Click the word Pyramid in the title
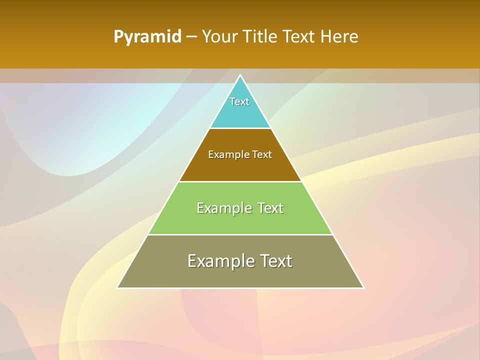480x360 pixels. pyautogui.click(x=147, y=37)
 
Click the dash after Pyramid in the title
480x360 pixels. pyautogui.click(x=191, y=37)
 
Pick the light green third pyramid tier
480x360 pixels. pyautogui.click(x=240, y=222)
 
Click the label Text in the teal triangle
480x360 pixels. pyautogui.click(x=239, y=101)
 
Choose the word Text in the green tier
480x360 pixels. pyautogui.click(x=270, y=208)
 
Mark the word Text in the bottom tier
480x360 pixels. pyautogui.click(x=276, y=261)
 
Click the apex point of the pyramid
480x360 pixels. pyautogui.click(x=240, y=76)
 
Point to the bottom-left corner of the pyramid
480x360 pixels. pyautogui.click(x=118, y=287)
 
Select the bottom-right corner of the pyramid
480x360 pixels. pyautogui.click(x=363, y=287)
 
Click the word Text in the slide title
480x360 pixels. pyautogui.click(x=299, y=37)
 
